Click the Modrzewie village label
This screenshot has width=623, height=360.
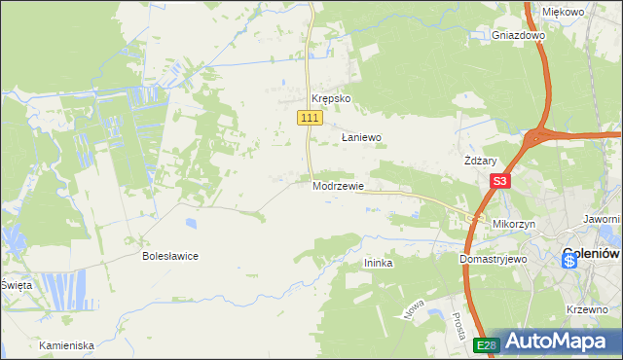(x=338, y=185)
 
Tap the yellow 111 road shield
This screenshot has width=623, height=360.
(x=309, y=118)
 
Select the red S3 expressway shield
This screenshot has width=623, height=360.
(x=500, y=181)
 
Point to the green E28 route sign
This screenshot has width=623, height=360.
(x=488, y=345)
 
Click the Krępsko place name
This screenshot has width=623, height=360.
(x=330, y=98)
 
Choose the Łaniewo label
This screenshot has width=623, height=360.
(x=360, y=138)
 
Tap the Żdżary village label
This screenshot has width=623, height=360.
(x=482, y=161)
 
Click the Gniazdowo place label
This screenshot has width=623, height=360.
(x=518, y=35)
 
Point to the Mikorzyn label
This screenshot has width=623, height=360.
(x=515, y=224)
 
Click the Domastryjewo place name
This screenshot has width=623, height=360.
(x=493, y=260)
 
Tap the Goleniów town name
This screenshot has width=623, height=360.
(x=592, y=255)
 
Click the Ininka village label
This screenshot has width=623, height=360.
(x=378, y=263)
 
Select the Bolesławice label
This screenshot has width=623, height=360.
(x=170, y=256)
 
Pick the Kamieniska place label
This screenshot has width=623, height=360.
(x=66, y=345)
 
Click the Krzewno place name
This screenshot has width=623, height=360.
(x=587, y=308)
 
